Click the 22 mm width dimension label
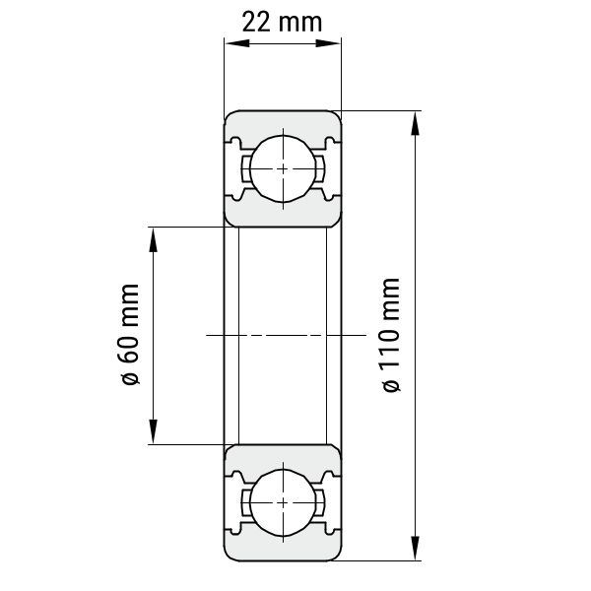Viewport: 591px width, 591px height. tap(282, 23)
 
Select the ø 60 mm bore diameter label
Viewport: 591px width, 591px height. tap(130, 335)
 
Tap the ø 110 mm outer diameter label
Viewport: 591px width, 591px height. tap(391, 335)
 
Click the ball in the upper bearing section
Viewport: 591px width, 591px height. tap(283, 168)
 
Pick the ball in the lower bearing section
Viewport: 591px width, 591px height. tap(283, 502)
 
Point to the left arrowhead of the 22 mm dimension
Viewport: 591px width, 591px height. tap(237, 43)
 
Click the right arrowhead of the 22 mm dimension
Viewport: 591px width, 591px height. tap(328, 43)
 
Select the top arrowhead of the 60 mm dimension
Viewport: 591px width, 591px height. tap(153, 239)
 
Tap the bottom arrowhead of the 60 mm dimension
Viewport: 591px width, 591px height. tap(153, 431)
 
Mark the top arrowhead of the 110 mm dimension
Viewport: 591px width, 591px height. tap(415, 124)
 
